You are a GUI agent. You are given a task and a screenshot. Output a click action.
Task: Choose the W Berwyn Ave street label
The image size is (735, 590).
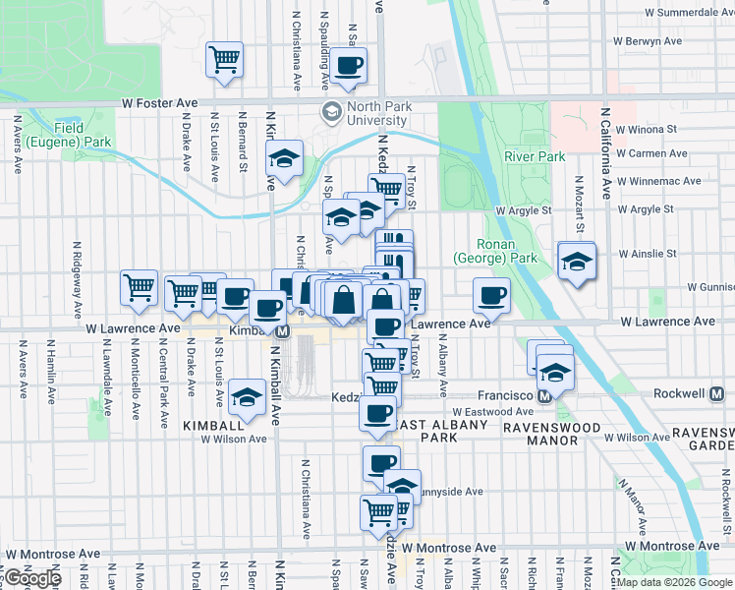point(647,41)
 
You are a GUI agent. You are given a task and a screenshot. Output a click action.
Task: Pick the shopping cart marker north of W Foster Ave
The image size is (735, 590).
point(225,59)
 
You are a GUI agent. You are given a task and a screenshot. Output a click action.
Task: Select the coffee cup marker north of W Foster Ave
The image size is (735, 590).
point(348,65)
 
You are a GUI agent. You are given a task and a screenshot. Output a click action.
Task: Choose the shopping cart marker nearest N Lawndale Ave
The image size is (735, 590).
point(139,287)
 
